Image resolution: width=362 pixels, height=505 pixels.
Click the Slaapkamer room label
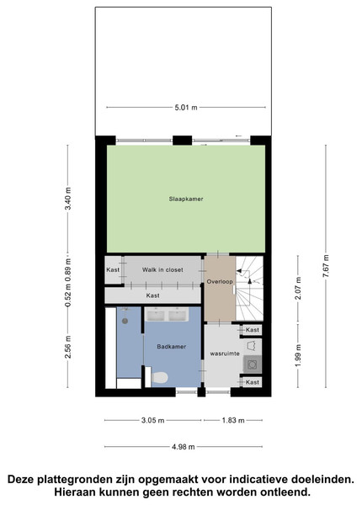click(x=186, y=199)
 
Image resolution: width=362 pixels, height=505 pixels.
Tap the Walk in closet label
click(x=162, y=270)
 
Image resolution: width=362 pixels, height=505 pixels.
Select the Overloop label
click(x=220, y=282)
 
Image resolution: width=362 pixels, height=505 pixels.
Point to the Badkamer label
click(x=172, y=347)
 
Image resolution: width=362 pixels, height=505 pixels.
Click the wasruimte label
click(x=225, y=353)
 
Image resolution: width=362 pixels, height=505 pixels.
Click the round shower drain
click(x=125, y=321)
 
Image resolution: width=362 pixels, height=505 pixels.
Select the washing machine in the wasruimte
click(x=253, y=364)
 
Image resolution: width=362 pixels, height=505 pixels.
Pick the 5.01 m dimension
click(x=186, y=108)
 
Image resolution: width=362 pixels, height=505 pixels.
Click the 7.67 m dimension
click(x=326, y=266)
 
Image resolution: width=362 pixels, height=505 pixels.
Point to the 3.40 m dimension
click(x=67, y=198)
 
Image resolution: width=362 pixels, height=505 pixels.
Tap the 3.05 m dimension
click(x=152, y=420)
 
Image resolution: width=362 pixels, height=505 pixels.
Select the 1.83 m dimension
click(x=233, y=420)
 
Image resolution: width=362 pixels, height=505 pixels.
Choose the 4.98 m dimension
click(x=183, y=447)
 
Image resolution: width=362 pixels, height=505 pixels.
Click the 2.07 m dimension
click(x=298, y=288)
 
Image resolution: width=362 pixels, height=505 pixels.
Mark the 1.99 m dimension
click(x=298, y=355)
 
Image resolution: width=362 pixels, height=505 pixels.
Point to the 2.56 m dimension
click(x=67, y=347)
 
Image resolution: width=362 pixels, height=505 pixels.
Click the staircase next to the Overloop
click(x=249, y=289)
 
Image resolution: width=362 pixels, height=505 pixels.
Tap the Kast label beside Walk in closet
click(x=113, y=270)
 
